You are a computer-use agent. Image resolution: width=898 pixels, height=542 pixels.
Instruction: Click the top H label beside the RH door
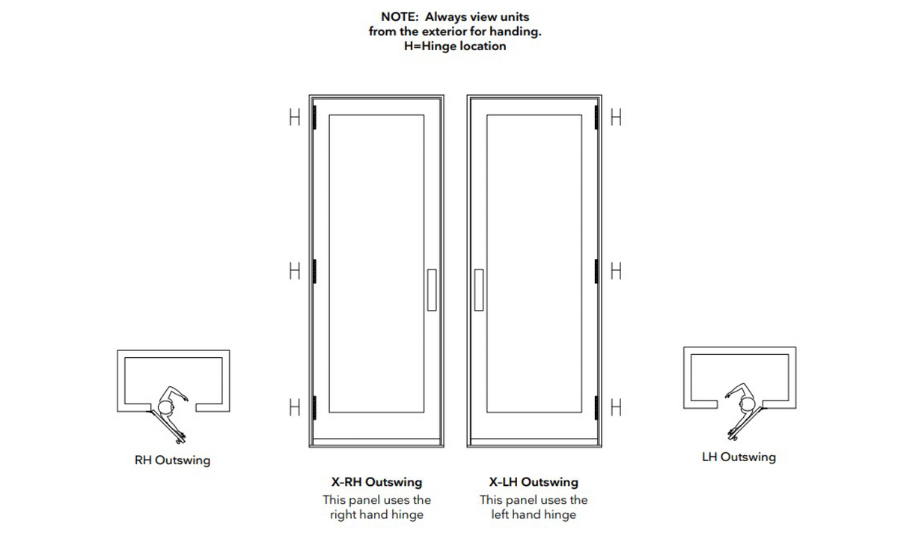tap(295, 118)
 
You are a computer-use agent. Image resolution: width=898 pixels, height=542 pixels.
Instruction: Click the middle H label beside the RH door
tap(295, 270)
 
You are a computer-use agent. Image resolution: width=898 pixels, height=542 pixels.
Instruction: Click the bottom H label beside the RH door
tap(295, 407)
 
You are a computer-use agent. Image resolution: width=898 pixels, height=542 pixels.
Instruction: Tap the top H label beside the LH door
tap(617, 118)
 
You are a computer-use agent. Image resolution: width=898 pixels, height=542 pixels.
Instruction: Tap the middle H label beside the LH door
tap(617, 270)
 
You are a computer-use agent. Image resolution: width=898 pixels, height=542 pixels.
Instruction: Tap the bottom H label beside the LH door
tap(617, 407)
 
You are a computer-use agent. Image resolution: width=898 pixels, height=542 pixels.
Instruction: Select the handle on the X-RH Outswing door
tap(431, 290)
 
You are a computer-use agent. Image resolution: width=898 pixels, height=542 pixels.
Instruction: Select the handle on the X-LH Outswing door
tap(479, 290)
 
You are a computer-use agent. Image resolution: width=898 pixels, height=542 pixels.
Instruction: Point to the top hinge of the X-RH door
tap(315, 117)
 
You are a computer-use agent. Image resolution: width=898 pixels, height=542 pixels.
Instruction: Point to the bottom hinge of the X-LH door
tap(596, 406)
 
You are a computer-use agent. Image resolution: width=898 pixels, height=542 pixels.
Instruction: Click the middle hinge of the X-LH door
tap(596, 270)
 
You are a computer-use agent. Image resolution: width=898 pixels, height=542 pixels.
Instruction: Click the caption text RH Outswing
tap(172, 460)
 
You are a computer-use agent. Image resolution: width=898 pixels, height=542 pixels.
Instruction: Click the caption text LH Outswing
tap(739, 457)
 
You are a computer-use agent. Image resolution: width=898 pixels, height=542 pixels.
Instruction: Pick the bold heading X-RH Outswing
tap(376, 482)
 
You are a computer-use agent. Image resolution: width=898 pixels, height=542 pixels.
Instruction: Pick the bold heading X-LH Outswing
tap(534, 482)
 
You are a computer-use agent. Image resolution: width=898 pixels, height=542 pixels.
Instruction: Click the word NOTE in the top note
tap(399, 16)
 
